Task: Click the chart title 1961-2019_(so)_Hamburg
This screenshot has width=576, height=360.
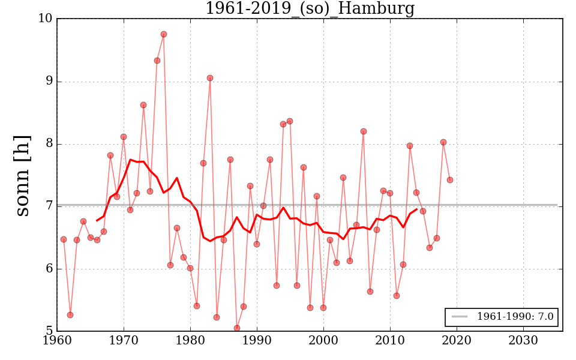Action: [310, 8]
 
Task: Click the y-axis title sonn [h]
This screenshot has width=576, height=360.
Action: [22, 175]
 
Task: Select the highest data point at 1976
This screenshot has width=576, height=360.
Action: [164, 34]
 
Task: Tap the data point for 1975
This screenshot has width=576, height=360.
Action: [157, 61]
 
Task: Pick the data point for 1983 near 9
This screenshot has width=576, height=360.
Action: [210, 78]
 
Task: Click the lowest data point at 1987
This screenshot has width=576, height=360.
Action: [237, 328]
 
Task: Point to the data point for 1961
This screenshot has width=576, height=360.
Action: [64, 239]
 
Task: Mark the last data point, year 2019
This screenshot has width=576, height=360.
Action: [450, 180]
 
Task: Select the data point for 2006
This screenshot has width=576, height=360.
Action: [364, 131]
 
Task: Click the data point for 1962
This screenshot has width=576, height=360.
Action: [70, 315]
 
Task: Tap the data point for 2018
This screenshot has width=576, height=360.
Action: [443, 142]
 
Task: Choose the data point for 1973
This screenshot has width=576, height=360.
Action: [143, 105]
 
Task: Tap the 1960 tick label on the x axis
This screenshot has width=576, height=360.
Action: [57, 341]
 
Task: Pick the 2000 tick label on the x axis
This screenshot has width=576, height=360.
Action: [324, 341]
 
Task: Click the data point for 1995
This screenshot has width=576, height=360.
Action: [290, 121]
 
